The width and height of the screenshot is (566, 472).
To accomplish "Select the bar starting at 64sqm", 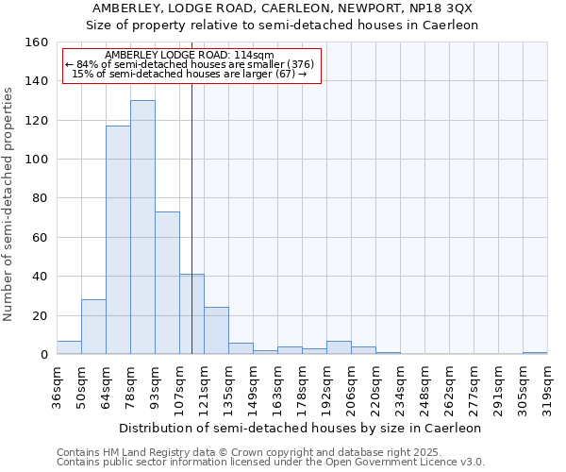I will (x=118, y=240).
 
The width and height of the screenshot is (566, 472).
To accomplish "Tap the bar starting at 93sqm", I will (x=167, y=283).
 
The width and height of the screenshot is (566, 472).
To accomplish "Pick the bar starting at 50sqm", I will (x=93, y=327).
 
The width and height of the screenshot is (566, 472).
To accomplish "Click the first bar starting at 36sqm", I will (x=69, y=347).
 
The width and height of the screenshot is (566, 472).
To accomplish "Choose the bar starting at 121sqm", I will (x=216, y=331).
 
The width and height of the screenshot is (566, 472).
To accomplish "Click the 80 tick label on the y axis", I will (x=40, y=198).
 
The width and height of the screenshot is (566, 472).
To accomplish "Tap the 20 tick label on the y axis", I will (x=40, y=315).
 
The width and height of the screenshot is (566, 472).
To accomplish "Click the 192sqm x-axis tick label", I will (x=326, y=384).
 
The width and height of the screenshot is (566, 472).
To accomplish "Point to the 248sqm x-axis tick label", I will (x=424, y=384).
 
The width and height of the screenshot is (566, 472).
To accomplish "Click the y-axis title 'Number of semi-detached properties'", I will (x=9, y=198).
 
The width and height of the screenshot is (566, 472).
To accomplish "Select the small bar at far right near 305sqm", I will (x=535, y=353).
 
